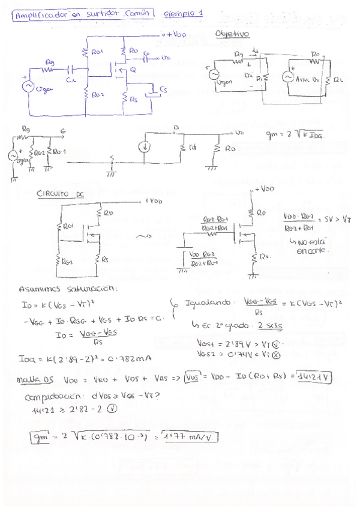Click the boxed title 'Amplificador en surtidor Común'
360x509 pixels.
tap(83, 13)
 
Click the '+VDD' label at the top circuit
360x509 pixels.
tap(176, 35)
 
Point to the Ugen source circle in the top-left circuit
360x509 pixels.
tap(28, 86)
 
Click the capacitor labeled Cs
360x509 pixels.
tap(159, 91)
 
